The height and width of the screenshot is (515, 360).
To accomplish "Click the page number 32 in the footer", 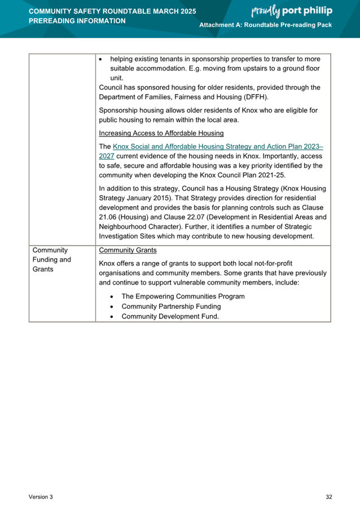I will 328,497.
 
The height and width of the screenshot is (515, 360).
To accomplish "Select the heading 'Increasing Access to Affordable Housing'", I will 161,133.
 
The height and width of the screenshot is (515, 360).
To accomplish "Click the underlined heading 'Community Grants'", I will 128,250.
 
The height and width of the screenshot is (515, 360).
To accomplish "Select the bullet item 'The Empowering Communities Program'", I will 183,296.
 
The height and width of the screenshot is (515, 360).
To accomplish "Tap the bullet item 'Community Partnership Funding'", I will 171,307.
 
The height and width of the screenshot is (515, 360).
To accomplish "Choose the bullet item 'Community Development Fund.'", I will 170,317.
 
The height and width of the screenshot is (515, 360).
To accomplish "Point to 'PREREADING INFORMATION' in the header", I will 77,21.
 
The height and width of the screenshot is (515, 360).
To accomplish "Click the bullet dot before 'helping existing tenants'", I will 100,59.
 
